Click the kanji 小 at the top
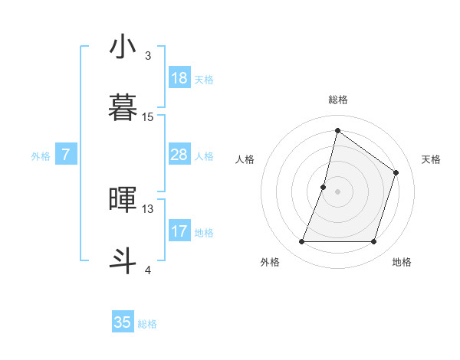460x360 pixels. (x=123, y=47)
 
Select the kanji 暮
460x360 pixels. (x=123, y=109)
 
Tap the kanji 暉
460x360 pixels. (x=123, y=200)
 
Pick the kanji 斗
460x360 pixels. (x=123, y=261)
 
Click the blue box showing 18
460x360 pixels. (x=179, y=78)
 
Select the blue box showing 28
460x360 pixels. (x=179, y=155)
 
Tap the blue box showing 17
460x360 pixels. (x=179, y=231)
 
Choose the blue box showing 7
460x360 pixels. (x=66, y=155)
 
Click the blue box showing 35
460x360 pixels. (x=123, y=322)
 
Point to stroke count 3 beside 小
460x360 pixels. (x=148, y=56)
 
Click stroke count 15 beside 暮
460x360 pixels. (x=148, y=117)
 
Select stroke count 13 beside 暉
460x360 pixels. (x=148, y=208)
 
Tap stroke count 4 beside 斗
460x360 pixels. (x=148, y=270)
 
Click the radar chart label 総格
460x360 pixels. (x=337, y=100)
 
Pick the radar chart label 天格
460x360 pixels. (x=431, y=159)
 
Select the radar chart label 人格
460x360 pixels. (x=245, y=159)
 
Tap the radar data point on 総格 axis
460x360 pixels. (x=337, y=130)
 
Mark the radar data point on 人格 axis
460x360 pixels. (x=324, y=187)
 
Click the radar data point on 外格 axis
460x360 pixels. (x=301, y=242)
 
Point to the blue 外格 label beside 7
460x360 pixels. (x=41, y=155)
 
